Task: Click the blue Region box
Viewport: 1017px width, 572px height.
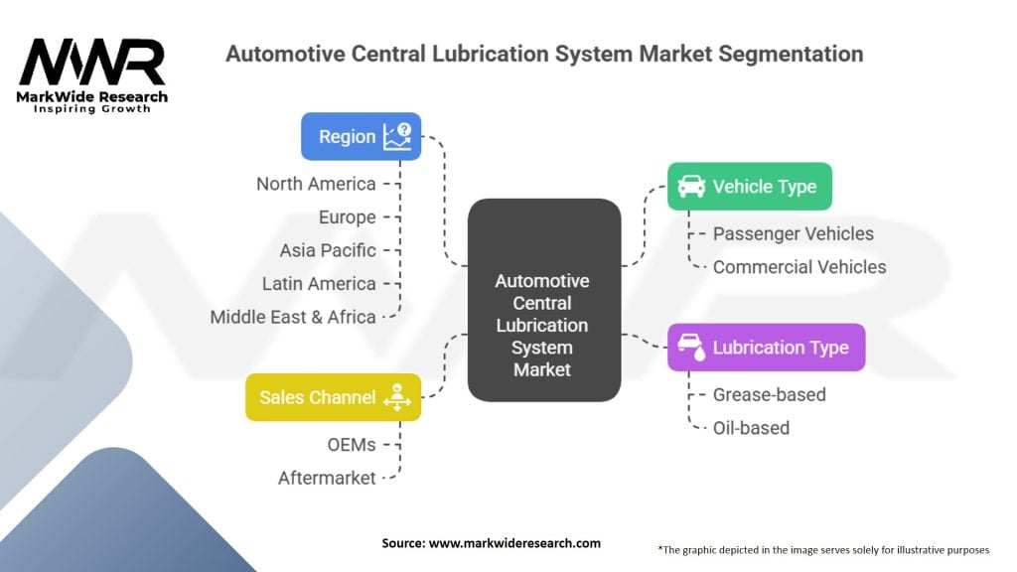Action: coord(361,137)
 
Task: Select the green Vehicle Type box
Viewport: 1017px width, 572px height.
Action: coord(749,186)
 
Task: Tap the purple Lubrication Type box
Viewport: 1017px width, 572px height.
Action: coord(766,347)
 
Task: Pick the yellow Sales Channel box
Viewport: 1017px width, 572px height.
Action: coord(333,397)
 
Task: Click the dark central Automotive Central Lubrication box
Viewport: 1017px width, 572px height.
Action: coord(543,300)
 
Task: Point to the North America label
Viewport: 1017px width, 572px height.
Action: coord(316,184)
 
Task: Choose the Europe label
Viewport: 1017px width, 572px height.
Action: coord(347,216)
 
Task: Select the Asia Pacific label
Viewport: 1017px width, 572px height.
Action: coord(327,250)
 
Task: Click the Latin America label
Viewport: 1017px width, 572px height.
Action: coord(319,283)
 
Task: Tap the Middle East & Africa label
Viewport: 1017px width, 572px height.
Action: coord(293,317)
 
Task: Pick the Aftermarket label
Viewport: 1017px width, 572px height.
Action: coord(327,478)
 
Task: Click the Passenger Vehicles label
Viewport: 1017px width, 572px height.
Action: coord(793,233)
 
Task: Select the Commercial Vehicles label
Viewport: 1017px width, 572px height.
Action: coord(799,266)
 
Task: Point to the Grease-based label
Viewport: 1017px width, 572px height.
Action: coord(769,394)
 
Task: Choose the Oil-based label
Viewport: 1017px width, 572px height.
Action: coord(751,428)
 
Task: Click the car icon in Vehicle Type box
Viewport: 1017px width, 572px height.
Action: coord(691,186)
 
